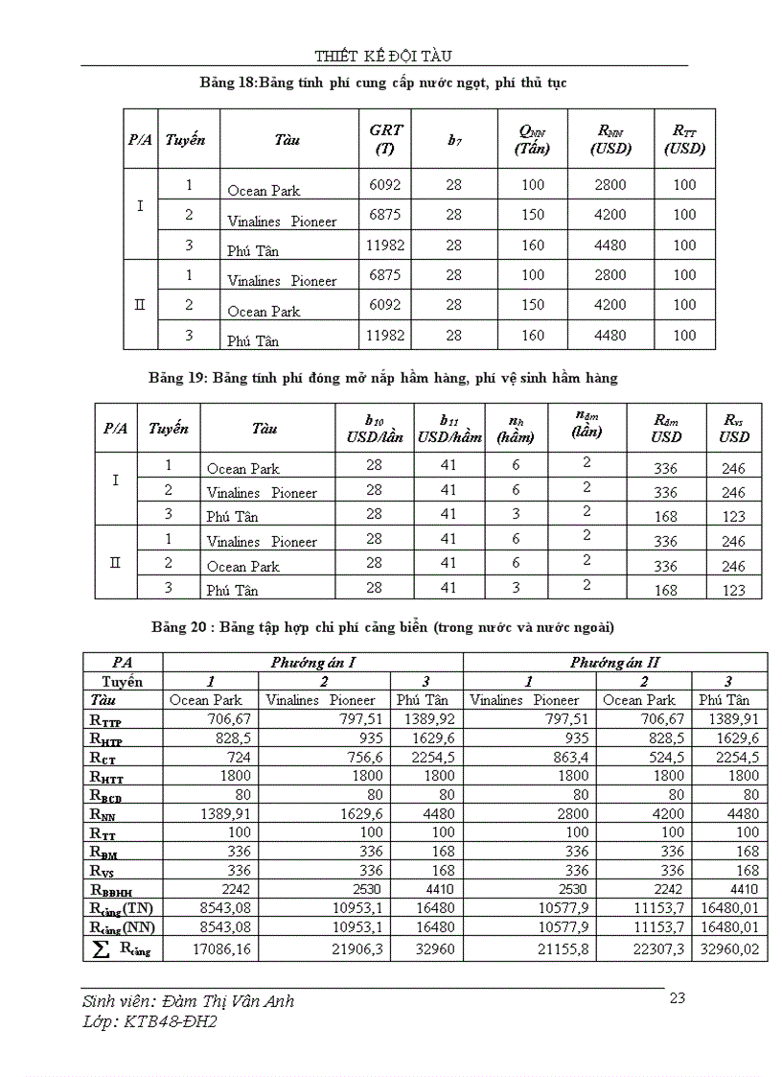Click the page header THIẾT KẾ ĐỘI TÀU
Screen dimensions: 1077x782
pos(383,55)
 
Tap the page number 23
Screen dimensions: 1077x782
pos(677,997)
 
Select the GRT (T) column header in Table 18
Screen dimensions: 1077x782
pos(385,139)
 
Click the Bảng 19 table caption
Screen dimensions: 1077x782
pos(383,378)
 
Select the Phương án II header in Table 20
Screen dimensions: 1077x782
pos(614,662)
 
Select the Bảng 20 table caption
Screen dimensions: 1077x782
pos(382,628)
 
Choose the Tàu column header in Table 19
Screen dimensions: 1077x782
pos(264,429)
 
